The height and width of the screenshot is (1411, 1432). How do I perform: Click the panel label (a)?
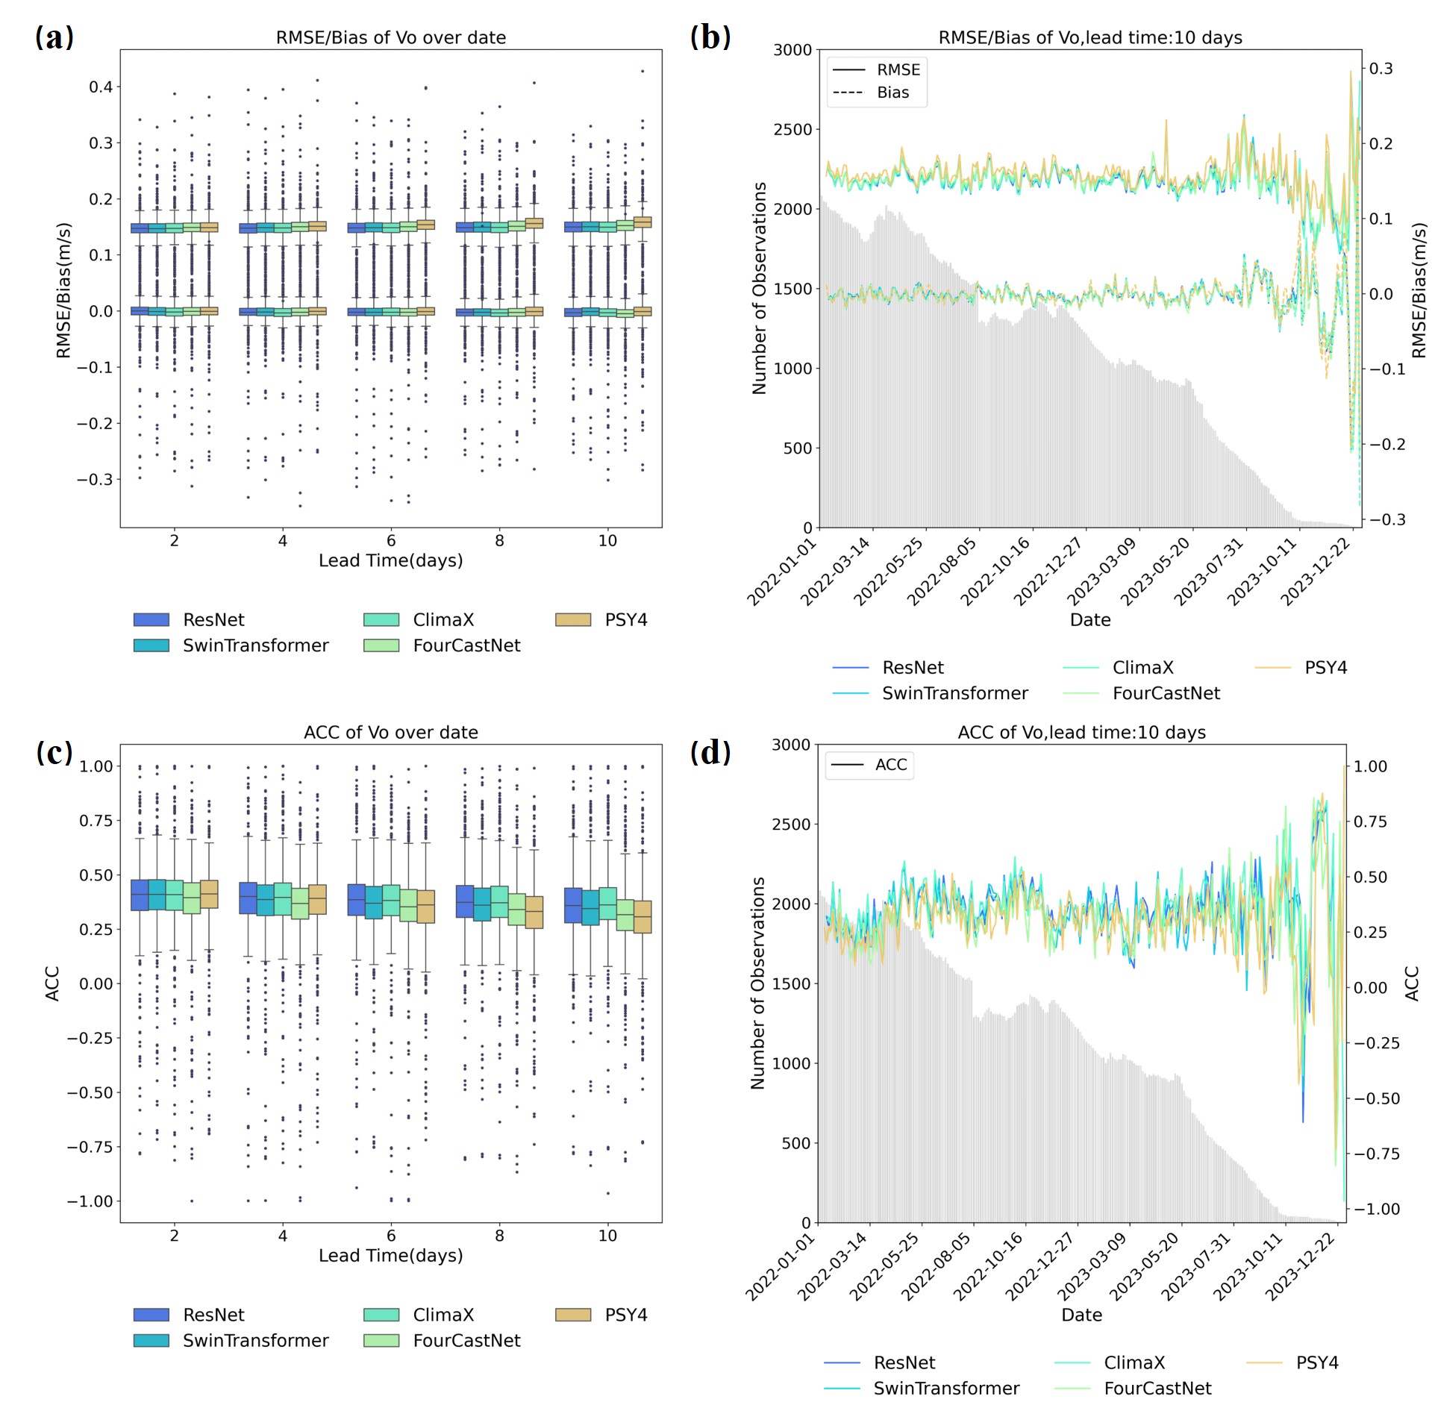click(x=54, y=37)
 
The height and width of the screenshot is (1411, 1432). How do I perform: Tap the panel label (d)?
click(x=710, y=752)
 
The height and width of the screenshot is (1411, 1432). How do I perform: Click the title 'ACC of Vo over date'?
click(x=390, y=732)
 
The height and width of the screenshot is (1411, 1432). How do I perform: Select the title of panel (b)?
click(x=1089, y=37)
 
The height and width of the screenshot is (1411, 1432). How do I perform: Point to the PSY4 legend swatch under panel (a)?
click(x=573, y=619)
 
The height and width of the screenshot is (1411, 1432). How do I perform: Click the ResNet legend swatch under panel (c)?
click(x=151, y=1314)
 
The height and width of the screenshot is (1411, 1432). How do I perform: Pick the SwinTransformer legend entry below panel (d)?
click(x=945, y=1388)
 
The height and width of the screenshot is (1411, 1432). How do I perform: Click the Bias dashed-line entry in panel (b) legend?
click(x=892, y=93)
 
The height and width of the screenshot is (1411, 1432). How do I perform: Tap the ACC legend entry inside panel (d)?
click(x=890, y=765)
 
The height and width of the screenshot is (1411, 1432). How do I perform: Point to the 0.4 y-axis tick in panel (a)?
click(x=101, y=87)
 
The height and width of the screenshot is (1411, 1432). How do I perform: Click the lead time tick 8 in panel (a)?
click(x=499, y=541)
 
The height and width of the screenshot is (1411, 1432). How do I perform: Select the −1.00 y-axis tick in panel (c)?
click(x=90, y=1201)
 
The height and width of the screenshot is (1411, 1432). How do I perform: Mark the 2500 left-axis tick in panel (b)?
click(x=792, y=129)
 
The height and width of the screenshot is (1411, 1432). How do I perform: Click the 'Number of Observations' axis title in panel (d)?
click(x=758, y=983)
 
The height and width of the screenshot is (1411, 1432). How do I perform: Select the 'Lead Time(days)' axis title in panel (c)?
click(x=390, y=1255)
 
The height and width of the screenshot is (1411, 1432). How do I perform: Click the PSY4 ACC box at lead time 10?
click(x=642, y=916)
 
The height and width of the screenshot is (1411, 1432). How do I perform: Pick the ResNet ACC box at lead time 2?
click(x=140, y=895)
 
